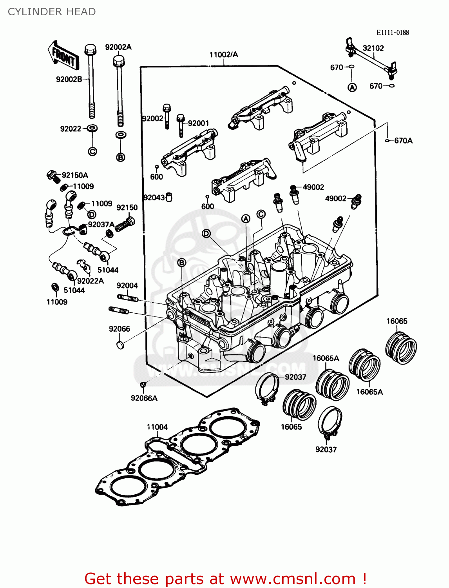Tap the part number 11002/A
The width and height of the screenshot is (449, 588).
pyautogui.click(x=223, y=54)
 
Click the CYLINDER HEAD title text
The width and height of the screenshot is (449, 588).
pyautogui.click(x=52, y=12)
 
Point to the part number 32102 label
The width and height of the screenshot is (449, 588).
pyautogui.click(x=373, y=48)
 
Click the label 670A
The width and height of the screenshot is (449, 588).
pyautogui.click(x=403, y=141)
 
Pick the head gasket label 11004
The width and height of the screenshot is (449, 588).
pyautogui.click(x=157, y=427)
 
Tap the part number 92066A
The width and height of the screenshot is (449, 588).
pyautogui.click(x=144, y=398)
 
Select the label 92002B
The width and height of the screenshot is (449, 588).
pyautogui.click(x=69, y=80)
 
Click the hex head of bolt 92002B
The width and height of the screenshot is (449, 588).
pyautogui.click(x=90, y=49)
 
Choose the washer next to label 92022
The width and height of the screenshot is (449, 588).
pyautogui.click(x=92, y=128)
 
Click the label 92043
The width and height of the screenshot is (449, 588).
pyautogui.click(x=154, y=198)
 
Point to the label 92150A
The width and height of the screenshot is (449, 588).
pyautogui.click(x=75, y=175)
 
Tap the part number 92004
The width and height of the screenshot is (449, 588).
pyautogui.click(x=127, y=286)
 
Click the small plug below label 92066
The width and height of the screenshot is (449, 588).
pyautogui.click(x=121, y=345)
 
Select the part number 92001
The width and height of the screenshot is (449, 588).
pyautogui.click(x=198, y=123)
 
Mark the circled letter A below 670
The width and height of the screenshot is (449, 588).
pyautogui.click(x=352, y=88)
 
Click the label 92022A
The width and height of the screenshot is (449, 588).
pyautogui.click(x=91, y=281)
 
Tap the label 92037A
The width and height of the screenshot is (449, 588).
pyautogui.click(x=101, y=224)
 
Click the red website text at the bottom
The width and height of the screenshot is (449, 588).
pyautogui.click(x=225, y=579)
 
